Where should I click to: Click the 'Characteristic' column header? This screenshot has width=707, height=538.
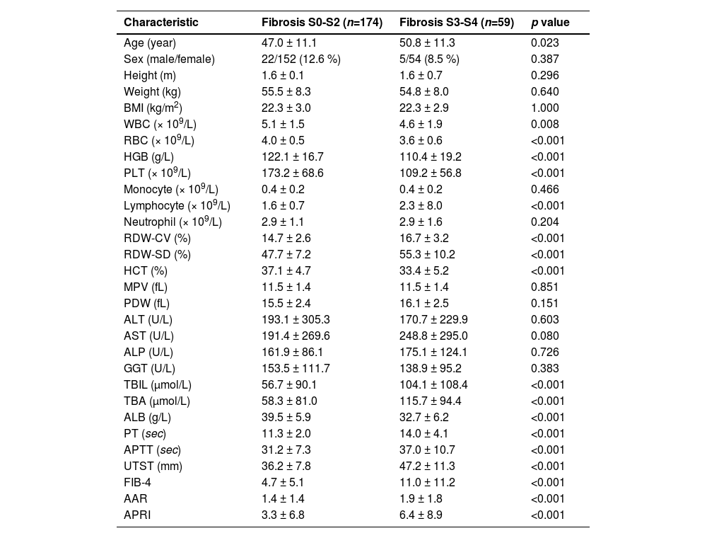(160, 23)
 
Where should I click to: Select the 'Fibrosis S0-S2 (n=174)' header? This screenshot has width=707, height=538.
(322, 23)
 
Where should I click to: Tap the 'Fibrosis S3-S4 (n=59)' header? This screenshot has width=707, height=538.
(457, 23)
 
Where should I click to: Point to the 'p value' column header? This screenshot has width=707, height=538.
(550, 23)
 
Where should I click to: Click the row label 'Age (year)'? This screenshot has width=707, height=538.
(149, 43)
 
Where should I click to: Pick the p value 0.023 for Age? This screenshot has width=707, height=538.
(544, 43)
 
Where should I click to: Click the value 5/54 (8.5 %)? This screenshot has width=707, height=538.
(429, 59)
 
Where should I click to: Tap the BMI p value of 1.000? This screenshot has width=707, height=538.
(544, 108)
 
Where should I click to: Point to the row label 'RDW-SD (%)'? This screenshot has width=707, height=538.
(157, 255)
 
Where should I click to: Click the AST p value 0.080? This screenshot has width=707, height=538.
(544, 336)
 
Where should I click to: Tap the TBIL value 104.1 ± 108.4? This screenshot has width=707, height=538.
(433, 385)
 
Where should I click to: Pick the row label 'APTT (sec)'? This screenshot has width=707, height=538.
(152, 450)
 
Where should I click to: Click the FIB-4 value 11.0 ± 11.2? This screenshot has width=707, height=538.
(427, 483)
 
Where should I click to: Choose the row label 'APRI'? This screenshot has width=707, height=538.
(137, 515)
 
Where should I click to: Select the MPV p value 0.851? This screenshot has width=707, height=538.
(544, 287)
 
